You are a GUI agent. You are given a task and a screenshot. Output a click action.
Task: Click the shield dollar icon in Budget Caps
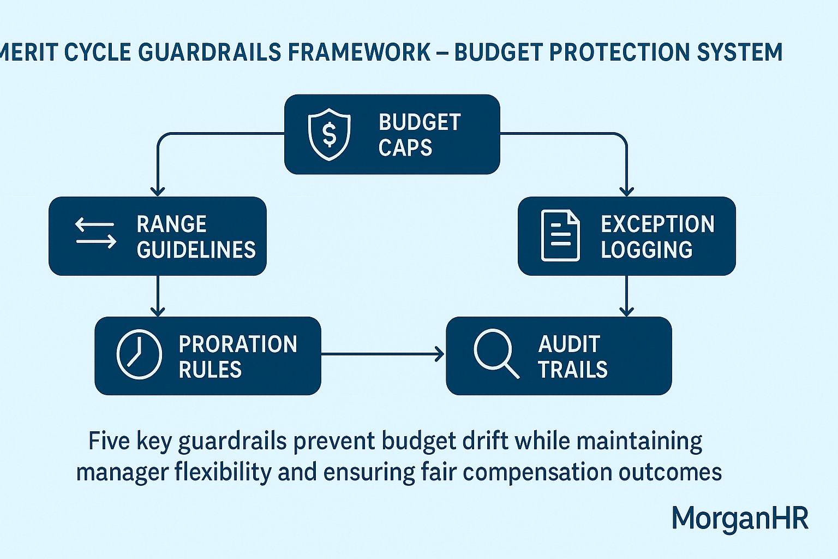[329, 134]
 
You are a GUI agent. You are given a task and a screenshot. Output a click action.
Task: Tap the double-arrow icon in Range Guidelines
[95, 233]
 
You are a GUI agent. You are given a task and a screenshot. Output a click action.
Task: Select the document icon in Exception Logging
[560, 235]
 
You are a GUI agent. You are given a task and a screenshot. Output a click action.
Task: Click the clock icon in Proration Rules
[139, 354]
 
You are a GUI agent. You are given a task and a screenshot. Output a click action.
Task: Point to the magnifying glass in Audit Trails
[495, 353]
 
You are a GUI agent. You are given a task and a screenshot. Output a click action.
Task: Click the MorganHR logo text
[739, 518]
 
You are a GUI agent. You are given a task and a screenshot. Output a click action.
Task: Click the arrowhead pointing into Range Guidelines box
[158, 191]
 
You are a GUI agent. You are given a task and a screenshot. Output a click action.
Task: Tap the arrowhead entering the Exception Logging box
[627, 191]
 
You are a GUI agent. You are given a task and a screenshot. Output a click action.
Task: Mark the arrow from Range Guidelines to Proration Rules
[158, 296]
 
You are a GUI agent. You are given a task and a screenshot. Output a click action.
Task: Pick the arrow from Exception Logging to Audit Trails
[627, 296]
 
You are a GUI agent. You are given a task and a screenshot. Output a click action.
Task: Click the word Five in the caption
[109, 441]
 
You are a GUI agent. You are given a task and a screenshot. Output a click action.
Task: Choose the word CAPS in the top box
[405, 148]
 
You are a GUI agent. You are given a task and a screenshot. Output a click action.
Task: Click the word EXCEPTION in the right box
[657, 224]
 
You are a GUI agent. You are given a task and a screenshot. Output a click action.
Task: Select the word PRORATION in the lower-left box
[238, 344]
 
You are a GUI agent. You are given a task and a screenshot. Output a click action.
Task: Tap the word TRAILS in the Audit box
[573, 370]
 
